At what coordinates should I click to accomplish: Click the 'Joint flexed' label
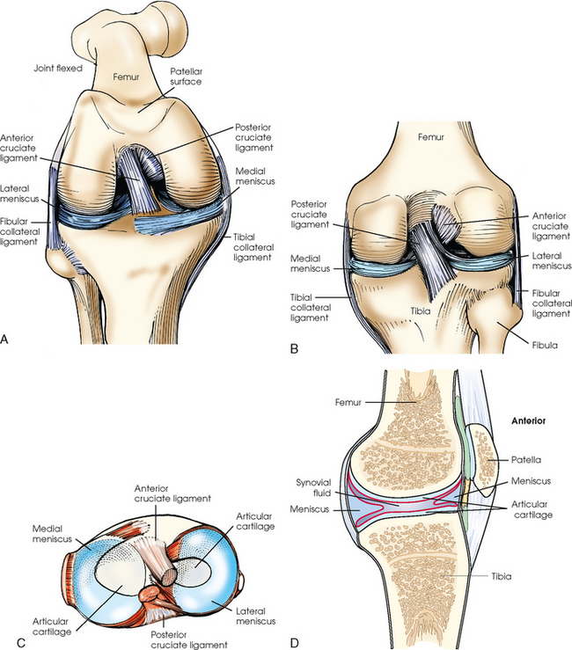click(61, 69)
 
